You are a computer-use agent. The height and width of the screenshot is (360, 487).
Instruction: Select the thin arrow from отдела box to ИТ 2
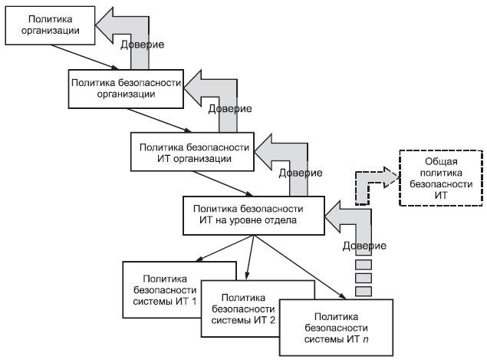[250, 257]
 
